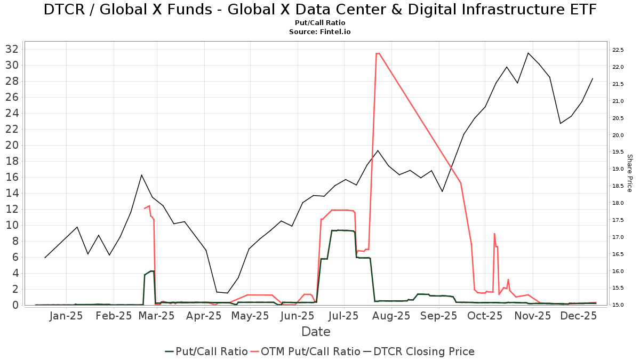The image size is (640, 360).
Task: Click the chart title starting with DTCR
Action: coord(319,10)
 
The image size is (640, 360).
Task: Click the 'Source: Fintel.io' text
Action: coord(319,32)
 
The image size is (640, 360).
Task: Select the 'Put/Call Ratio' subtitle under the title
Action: coord(319,23)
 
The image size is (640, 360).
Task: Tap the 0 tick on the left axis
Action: coord(16,305)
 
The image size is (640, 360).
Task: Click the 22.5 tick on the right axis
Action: coord(618,50)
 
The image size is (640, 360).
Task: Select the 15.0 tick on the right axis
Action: coord(618,305)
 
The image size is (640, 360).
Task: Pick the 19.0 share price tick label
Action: coord(618,169)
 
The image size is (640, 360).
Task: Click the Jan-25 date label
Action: coord(66,316)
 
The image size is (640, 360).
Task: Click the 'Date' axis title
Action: coord(316,332)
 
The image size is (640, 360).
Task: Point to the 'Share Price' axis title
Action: coord(629,173)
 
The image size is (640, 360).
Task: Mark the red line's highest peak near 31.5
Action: coord(378,53)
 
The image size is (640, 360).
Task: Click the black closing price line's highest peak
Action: coord(528,53)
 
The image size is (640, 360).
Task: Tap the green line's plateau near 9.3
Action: coord(341,230)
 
